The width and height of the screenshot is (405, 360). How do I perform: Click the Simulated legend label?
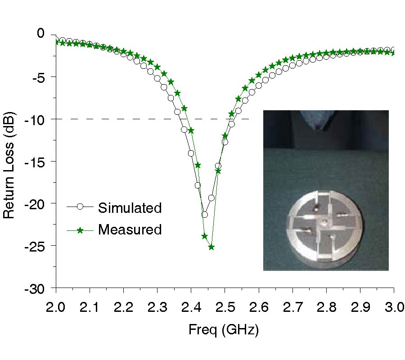tap(130, 208)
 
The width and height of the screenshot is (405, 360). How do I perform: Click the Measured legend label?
tap(130, 230)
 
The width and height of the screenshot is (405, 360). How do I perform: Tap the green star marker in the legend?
tap(80, 230)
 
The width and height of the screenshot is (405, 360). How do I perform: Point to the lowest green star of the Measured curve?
tap(211, 247)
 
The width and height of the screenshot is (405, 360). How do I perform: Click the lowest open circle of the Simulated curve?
tap(204, 215)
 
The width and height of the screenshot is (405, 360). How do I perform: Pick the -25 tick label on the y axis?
tap(36, 246)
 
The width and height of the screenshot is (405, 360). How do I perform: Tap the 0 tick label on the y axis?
tap(41, 33)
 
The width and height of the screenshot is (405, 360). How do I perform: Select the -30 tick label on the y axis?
tap(36, 288)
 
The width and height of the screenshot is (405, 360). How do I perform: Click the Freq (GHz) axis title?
tap(224, 330)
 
